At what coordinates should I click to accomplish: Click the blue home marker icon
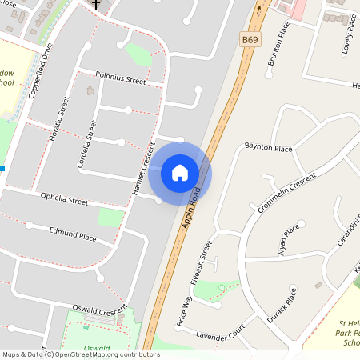tap(180, 172)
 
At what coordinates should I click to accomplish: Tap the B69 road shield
tap(250, 38)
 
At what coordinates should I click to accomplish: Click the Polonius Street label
tap(120, 81)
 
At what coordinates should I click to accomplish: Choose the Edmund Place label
tap(73, 238)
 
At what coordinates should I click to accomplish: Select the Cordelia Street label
tap(87, 144)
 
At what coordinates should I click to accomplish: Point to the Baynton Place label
tap(268, 147)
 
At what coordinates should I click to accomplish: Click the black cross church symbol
tap(96, 4)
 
